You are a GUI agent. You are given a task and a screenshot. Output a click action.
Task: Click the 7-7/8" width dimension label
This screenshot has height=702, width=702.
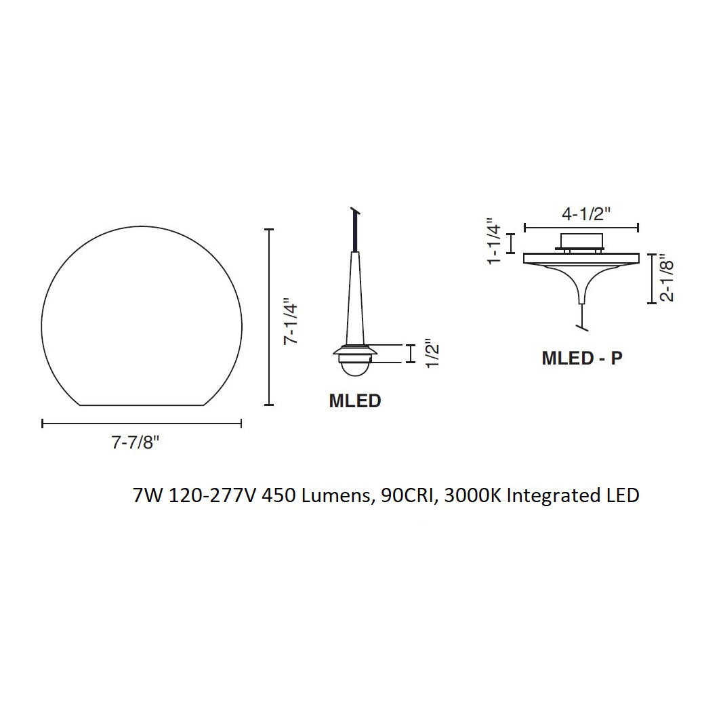click(135, 442)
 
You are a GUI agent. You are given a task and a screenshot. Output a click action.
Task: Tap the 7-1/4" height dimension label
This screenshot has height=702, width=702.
click(291, 321)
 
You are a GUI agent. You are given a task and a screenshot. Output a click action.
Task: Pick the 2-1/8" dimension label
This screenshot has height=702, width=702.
click(667, 279)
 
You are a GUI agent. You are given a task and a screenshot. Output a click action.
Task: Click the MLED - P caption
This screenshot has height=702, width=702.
click(581, 358)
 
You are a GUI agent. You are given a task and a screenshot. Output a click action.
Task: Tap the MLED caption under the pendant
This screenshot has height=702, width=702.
click(354, 400)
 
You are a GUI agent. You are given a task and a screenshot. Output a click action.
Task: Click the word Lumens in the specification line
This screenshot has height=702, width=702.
click(334, 495)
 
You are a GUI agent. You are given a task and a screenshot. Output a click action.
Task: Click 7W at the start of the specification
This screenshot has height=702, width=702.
click(148, 495)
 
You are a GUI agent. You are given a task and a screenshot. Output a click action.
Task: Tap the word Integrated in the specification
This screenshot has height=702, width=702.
click(551, 495)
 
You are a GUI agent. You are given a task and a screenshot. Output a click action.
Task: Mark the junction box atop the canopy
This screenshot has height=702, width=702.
click(581, 241)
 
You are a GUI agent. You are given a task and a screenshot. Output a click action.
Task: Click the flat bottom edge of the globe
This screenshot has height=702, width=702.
click(142, 405)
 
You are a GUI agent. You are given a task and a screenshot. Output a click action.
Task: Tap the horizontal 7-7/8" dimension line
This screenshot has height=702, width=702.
click(142, 424)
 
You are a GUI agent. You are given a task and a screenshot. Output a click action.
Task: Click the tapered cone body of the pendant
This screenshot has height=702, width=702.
click(356, 298)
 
